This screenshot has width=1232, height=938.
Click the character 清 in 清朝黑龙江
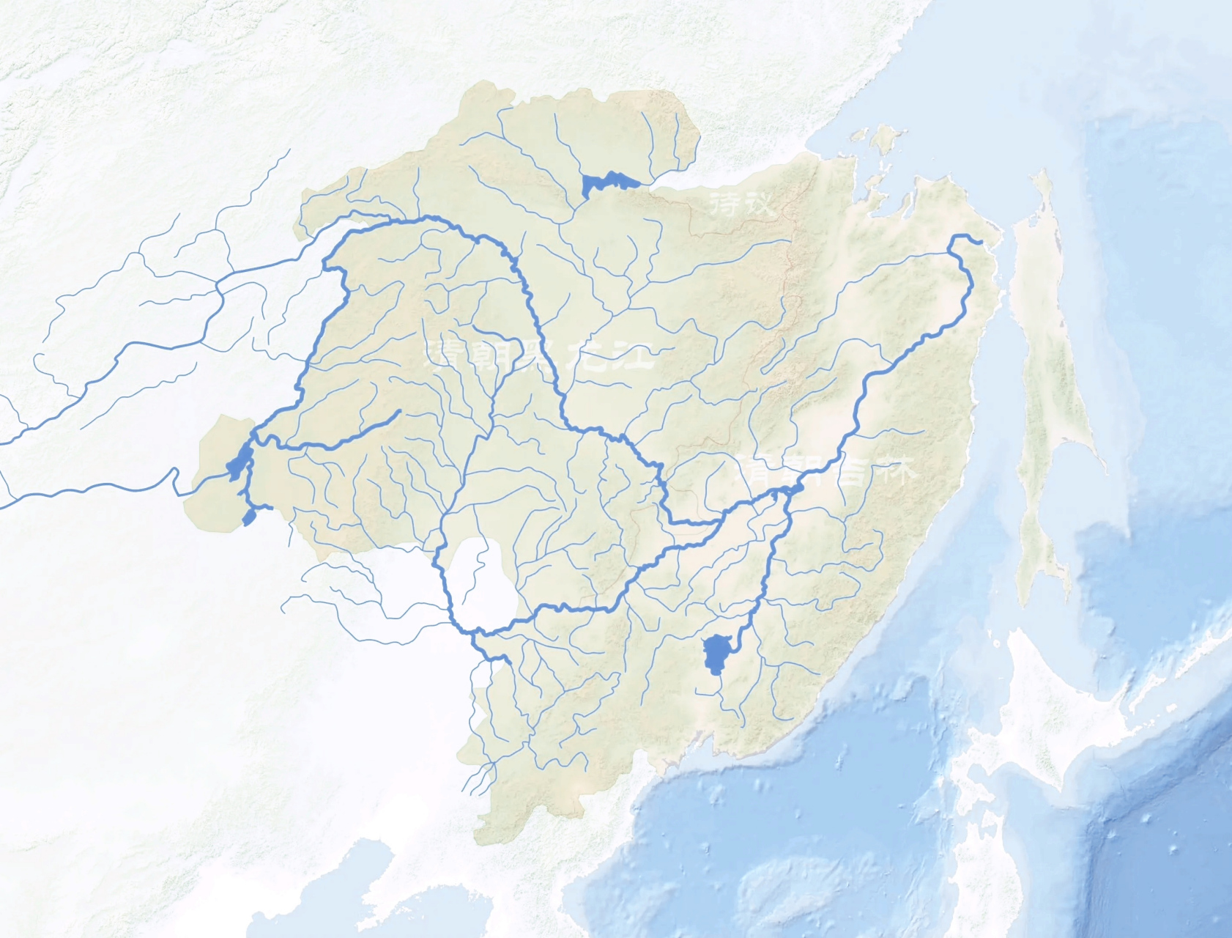tap(448, 356)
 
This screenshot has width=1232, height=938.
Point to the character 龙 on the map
tap(590, 357)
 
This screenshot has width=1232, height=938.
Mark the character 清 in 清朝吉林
tap(757, 470)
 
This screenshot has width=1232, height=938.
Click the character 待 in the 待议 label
tap(725, 203)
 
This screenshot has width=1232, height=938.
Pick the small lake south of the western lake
tap(249, 518)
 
